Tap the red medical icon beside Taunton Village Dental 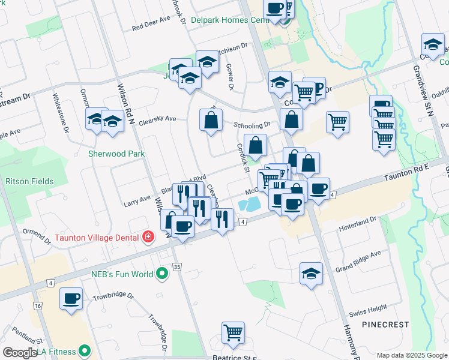(x=148, y=237)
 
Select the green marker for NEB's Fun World (x=161, y=275)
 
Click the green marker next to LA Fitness (x=85, y=351)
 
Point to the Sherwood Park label (x=116, y=154)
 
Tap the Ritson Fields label (x=29, y=181)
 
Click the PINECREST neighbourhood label (x=385, y=324)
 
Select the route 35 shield (x=176, y=266)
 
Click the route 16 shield (x=38, y=306)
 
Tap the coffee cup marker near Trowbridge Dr (x=71, y=298)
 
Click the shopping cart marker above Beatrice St (x=233, y=332)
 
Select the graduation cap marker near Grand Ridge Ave (x=310, y=274)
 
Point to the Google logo (x=20, y=352)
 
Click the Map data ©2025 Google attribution (x=411, y=355)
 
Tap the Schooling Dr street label (x=256, y=125)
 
